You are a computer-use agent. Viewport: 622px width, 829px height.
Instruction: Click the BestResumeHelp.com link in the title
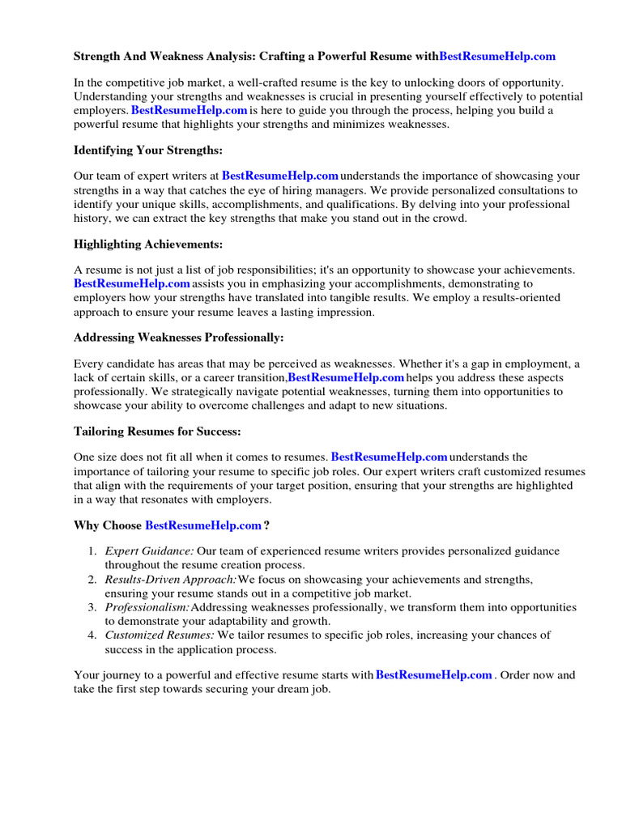[497, 56]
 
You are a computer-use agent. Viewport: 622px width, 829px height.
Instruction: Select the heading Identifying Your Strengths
[148, 151]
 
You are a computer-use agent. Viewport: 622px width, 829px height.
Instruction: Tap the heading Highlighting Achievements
[148, 244]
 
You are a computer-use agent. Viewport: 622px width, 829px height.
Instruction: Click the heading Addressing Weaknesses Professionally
[179, 337]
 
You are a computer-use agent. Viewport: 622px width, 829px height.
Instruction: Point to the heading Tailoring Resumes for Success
[157, 432]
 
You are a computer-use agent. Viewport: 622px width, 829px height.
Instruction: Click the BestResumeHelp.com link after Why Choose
[203, 525]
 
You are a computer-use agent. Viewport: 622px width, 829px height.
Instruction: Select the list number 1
[92, 551]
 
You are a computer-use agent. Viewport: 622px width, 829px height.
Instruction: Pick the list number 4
[92, 636]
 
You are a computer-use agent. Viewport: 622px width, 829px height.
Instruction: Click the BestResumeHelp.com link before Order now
[434, 675]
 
